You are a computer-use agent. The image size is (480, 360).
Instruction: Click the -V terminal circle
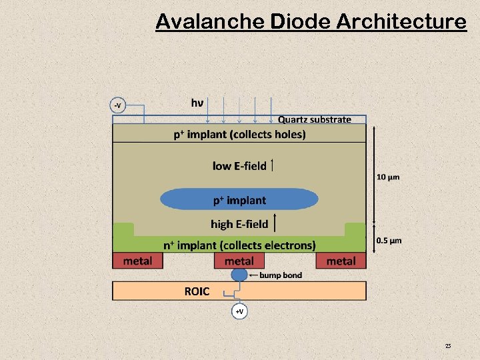[x=118, y=105]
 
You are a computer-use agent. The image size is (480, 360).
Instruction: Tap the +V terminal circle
[x=239, y=311]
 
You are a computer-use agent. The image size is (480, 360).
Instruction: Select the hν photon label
[x=197, y=103]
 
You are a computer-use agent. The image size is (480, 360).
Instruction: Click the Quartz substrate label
[x=314, y=120]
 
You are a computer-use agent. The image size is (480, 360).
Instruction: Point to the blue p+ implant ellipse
[x=239, y=199]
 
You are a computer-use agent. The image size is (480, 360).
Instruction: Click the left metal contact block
[x=137, y=261]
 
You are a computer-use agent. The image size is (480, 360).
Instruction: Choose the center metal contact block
[x=239, y=261]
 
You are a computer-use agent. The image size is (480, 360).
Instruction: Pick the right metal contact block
[x=341, y=261]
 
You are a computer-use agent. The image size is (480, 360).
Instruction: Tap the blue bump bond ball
[x=239, y=275]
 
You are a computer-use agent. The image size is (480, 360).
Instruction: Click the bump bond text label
[x=280, y=275]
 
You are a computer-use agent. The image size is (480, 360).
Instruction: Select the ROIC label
[x=197, y=291]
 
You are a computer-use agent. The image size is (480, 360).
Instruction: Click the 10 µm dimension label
[x=388, y=177]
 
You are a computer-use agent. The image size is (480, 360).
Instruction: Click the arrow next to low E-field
[x=273, y=165]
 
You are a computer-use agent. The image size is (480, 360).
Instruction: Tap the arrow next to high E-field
[x=275, y=223]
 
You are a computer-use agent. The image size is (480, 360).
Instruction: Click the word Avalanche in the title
[x=210, y=22]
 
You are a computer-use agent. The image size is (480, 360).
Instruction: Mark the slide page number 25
[x=448, y=345]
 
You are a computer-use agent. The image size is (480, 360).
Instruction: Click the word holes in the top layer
[x=287, y=135]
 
